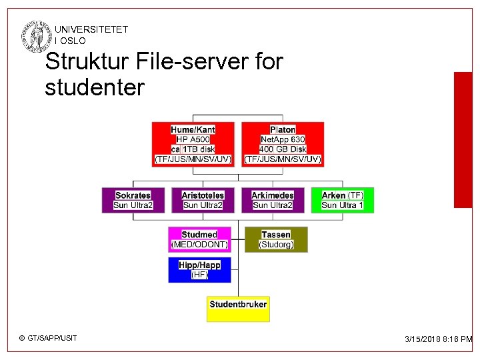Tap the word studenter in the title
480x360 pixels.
(94, 87)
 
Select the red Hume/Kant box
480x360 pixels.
(193, 144)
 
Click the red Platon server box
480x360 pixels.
(283, 144)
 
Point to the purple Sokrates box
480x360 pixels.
(133, 200)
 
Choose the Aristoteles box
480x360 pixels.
(203, 200)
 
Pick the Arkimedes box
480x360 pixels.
(273, 200)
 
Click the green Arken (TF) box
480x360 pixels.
(343, 200)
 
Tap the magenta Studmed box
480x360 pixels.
(199, 239)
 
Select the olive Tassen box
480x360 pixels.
(276, 239)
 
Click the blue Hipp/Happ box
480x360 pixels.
(199, 269)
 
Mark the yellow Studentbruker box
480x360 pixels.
(238, 309)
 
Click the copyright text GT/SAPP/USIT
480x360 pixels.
(49, 338)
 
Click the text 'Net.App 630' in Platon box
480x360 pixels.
(283, 139)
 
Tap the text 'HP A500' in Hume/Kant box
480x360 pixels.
(193, 139)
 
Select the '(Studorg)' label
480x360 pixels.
(276, 245)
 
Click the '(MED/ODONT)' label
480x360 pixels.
(199, 245)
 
